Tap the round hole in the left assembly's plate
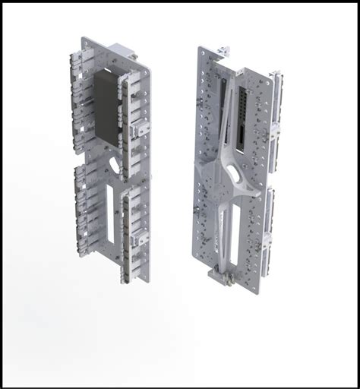point(114,163)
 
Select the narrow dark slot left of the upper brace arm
point(225,106)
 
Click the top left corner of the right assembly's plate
point(202,50)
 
